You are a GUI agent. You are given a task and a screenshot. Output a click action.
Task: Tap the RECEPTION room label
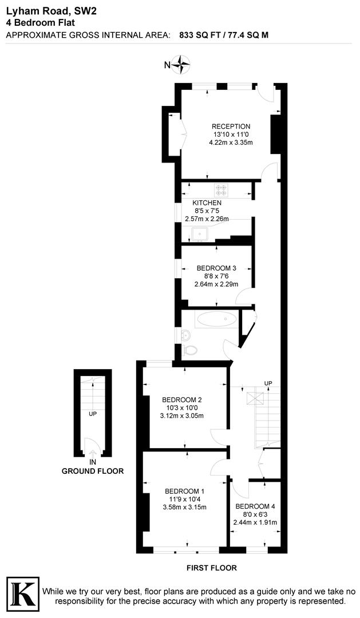(231, 126)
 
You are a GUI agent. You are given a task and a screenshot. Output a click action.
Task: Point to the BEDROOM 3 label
(216, 268)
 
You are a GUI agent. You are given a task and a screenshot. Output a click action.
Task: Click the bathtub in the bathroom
(216, 319)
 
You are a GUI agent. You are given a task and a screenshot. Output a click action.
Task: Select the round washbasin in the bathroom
(185, 335)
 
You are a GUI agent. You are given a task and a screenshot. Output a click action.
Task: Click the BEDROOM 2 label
(182, 399)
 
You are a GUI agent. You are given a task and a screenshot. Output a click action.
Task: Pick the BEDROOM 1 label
(184, 491)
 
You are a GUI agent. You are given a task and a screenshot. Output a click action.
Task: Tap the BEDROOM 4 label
(255, 506)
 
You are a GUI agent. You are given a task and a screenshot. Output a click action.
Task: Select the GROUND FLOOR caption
(93, 471)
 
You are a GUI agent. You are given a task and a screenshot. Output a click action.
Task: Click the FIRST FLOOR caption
(212, 568)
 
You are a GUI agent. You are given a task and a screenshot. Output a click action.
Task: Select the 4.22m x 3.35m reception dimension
(231, 142)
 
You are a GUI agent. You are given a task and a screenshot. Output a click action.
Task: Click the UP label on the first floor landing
(268, 383)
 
